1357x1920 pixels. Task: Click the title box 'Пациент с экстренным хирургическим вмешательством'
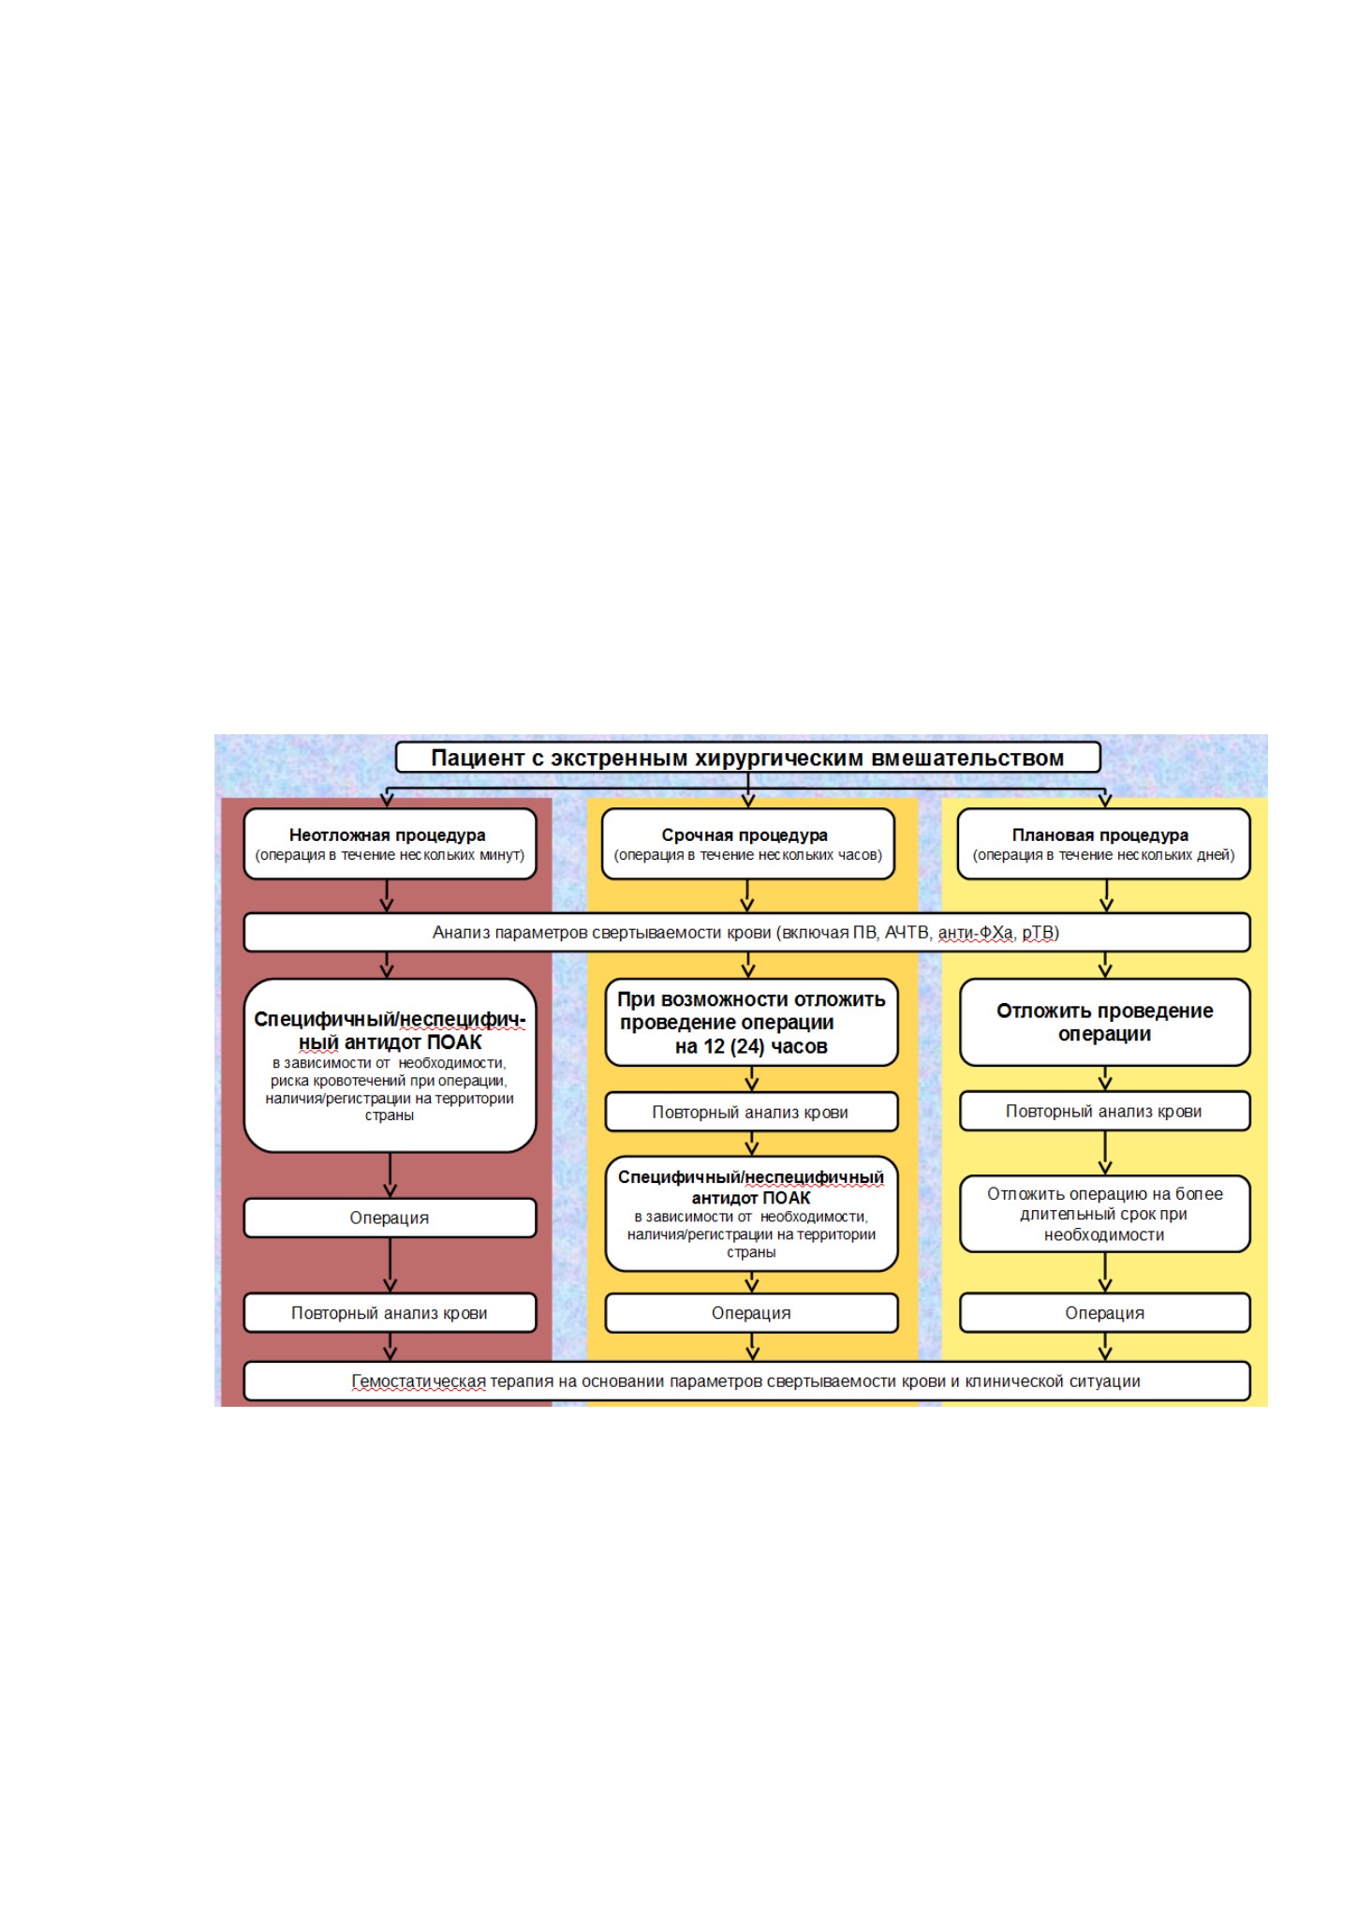click(x=747, y=758)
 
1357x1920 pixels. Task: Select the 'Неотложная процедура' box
click(x=390, y=844)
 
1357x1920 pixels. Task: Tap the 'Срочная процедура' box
click(x=747, y=844)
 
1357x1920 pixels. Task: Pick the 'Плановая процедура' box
click(x=1105, y=844)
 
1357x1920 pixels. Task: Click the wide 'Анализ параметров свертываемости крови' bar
click(x=746, y=933)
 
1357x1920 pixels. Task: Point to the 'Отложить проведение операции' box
click(x=1105, y=1023)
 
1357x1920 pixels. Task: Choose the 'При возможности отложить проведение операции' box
click(x=751, y=1023)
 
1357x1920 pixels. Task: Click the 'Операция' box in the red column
click(x=390, y=1218)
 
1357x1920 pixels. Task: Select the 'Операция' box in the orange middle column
click(x=751, y=1313)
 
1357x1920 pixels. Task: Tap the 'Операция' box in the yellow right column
click(x=1105, y=1313)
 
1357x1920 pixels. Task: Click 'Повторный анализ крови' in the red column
click(x=390, y=1313)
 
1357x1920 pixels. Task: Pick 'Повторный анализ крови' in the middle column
click(x=751, y=1113)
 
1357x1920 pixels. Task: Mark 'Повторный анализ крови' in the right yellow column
click(x=1105, y=1112)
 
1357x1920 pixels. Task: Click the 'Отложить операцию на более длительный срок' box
click(x=1105, y=1214)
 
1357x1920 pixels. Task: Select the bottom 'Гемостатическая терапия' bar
click(x=746, y=1381)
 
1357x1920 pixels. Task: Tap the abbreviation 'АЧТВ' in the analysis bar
click(x=907, y=933)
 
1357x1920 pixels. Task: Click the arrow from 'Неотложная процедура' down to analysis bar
click(x=387, y=896)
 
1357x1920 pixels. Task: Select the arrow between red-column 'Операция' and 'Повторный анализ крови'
click(x=391, y=1265)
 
